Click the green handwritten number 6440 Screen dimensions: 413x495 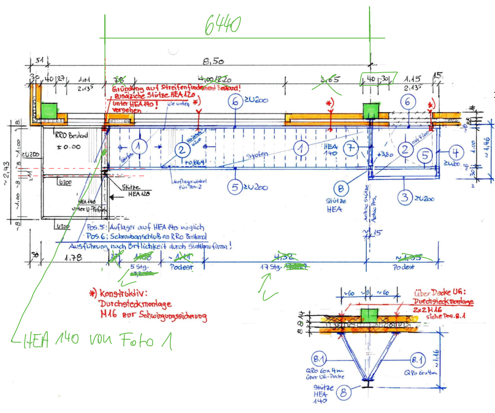222,25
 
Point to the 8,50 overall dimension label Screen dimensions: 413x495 214,61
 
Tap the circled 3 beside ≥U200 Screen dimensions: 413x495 404,197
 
